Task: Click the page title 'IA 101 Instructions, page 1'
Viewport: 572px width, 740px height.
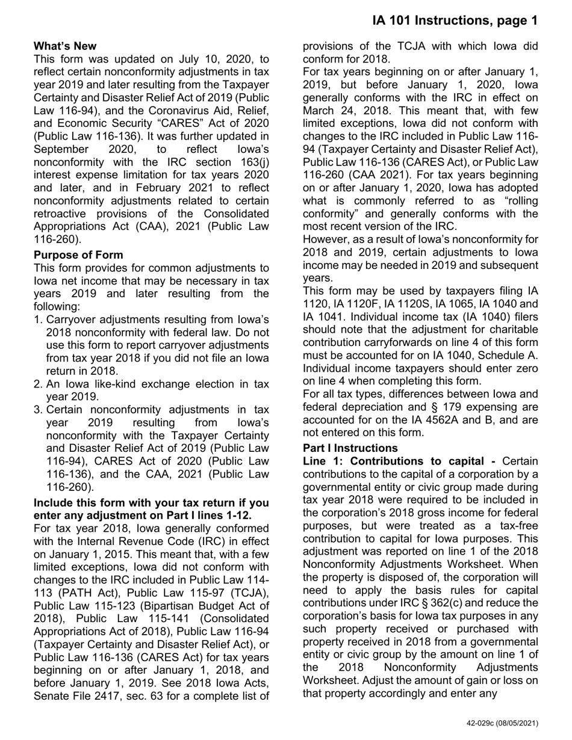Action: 455,20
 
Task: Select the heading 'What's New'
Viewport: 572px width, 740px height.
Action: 65,46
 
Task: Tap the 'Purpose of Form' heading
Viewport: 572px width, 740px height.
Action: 78,254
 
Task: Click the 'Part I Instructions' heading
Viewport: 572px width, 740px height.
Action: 350,448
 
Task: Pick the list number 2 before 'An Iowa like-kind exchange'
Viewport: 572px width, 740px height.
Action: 38,384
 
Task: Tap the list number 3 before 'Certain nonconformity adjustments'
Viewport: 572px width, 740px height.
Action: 38,410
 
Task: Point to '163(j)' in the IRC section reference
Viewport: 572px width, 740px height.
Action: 254,162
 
